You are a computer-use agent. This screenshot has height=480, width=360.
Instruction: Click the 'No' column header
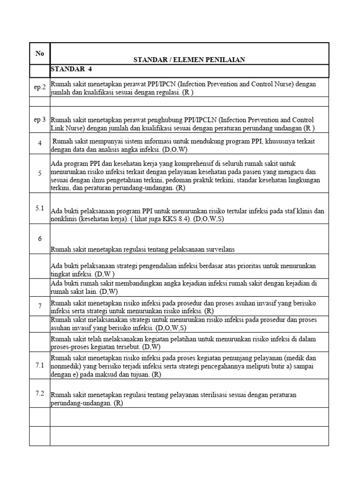pos(39,53)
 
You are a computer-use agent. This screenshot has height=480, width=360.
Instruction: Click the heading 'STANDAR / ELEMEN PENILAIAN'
pos(189,60)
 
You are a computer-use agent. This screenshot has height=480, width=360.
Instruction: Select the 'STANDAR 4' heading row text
pos(72,69)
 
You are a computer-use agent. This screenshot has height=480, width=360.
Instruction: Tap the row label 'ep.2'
pos(40,87)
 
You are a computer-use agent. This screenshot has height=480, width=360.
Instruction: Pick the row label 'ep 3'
pos(40,120)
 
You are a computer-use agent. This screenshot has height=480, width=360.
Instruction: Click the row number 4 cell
pos(40,143)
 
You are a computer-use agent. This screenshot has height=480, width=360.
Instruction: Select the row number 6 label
pos(40,239)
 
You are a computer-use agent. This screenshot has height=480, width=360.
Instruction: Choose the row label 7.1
pos(40,365)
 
